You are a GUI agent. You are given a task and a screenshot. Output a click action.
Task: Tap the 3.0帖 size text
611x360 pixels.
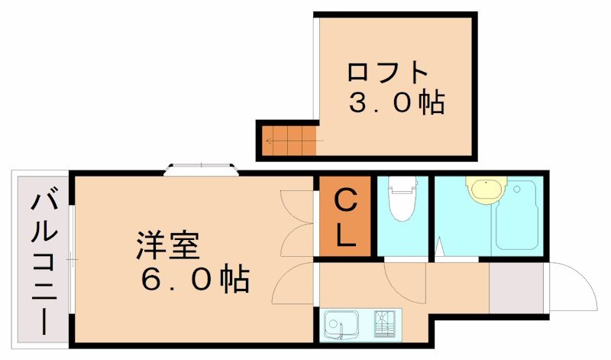396,102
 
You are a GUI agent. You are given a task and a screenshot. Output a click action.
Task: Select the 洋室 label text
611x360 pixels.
168,246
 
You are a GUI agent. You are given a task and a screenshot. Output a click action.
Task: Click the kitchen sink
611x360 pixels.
341,324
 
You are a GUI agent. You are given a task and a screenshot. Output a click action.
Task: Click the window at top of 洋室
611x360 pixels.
201,168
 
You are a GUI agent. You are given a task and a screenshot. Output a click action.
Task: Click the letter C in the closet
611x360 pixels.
345,203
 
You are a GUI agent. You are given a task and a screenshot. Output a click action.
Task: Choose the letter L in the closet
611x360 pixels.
345,235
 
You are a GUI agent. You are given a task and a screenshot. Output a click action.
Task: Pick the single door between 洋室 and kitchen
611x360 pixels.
294,287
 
